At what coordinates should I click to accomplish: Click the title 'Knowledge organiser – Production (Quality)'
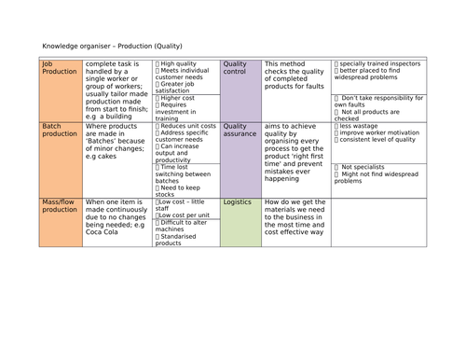pyautogui.click(x=113, y=46)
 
